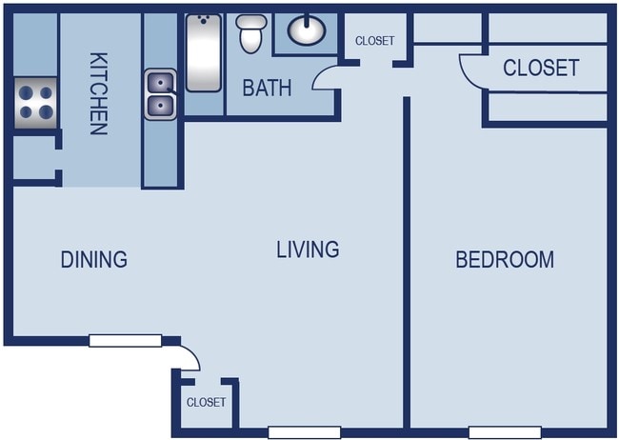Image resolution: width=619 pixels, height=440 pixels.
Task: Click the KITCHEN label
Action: tap(97, 93)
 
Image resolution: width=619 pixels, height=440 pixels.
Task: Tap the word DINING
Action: tap(93, 259)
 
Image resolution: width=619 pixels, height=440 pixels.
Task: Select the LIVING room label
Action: tap(308, 250)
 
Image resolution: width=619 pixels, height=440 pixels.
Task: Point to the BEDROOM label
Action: tap(505, 259)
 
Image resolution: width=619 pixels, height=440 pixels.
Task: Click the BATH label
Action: tap(267, 89)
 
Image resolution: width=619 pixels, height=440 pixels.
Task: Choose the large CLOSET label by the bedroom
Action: tap(540, 68)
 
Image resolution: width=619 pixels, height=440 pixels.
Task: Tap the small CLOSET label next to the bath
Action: tap(374, 41)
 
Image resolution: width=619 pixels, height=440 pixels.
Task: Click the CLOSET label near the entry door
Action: tap(206, 402)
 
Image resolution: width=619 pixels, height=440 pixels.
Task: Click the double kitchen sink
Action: tap(160, 94)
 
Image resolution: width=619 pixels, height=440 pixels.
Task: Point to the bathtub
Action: tap(203, 52)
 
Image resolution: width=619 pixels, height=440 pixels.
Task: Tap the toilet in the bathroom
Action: tap(250, 34)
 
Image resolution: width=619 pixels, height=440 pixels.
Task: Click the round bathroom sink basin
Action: tap(306, 30)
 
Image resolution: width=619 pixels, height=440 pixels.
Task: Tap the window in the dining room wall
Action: tap(125, 340)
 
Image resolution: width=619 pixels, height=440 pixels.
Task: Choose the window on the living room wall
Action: tap(303, 431)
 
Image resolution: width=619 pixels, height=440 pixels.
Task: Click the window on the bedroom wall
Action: tap(505, 431)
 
